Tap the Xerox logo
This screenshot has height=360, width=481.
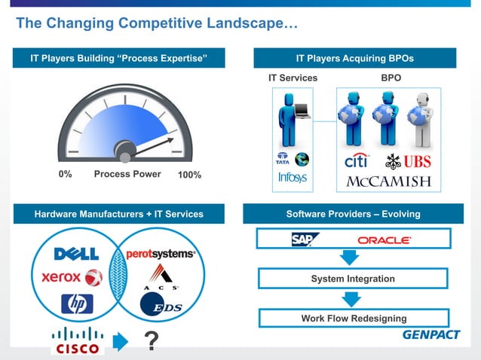point(72,277)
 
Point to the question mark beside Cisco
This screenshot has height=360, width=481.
point(151,343)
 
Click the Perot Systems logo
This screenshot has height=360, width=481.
point(160,254)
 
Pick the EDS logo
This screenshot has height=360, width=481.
point(161,305)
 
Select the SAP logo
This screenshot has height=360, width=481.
point(305,239)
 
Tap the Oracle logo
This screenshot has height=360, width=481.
point(384,240)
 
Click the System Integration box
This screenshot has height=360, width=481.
point(353,279)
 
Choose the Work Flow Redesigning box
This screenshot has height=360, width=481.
point(353,318)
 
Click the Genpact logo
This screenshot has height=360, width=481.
point(430,334)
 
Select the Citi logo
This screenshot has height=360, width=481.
point(357,161)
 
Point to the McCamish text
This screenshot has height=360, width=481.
point(388,182)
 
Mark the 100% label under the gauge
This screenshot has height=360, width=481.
point(188,175)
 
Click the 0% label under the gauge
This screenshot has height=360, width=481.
point(65,174)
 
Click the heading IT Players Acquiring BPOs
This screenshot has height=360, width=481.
point(354,58)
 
